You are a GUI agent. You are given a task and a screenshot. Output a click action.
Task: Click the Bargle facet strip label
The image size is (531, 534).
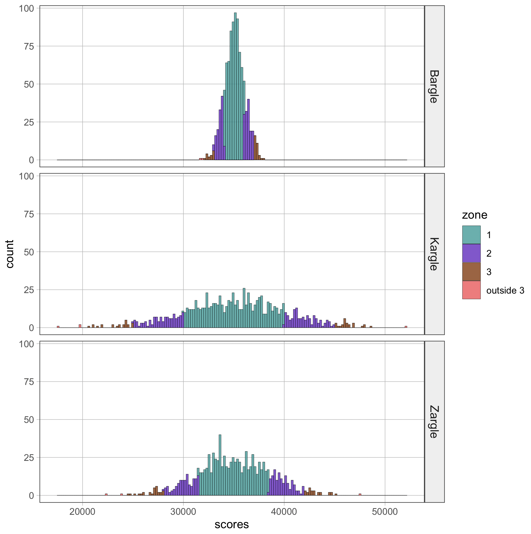pyautogui.click(x=434, y=86)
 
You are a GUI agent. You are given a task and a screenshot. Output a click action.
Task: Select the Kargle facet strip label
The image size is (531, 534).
pyautogui.click(x=434, y=254)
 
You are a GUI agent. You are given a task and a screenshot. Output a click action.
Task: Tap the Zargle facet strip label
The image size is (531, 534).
pyautogui.click(x=434, y=422)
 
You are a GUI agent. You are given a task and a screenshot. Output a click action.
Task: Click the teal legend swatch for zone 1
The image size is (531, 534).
pyautogui.click(x=471, y=235)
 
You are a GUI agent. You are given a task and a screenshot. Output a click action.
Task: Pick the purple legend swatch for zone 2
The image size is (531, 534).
pyautogui.click(x=471, y=253)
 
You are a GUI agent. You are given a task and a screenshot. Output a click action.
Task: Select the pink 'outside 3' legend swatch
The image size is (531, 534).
pyautogui.click(x=471, y=290)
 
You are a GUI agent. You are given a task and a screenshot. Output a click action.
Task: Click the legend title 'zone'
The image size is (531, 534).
pyautogui.click(x=474, y=215)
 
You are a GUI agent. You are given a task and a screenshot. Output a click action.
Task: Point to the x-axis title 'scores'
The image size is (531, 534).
pyautogui.click(x=232, y=524)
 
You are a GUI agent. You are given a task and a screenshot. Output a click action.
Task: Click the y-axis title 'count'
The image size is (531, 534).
pyautogui.click(x=10, y=254)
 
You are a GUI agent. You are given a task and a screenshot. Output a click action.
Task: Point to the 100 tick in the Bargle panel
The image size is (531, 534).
pyautogui.click(x=26, y=9)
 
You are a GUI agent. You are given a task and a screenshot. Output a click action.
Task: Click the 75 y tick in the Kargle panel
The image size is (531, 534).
pyautogui.click(x=29, y=214)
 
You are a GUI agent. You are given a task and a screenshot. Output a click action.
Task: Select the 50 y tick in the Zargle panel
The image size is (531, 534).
pyautogui.click(x=29, y=420)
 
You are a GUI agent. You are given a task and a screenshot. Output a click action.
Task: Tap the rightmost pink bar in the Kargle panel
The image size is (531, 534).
pyautogui.click(x=406, y=327)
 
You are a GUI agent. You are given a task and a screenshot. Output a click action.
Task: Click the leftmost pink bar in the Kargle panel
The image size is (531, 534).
pyautogui.click(x=58, y=327)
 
